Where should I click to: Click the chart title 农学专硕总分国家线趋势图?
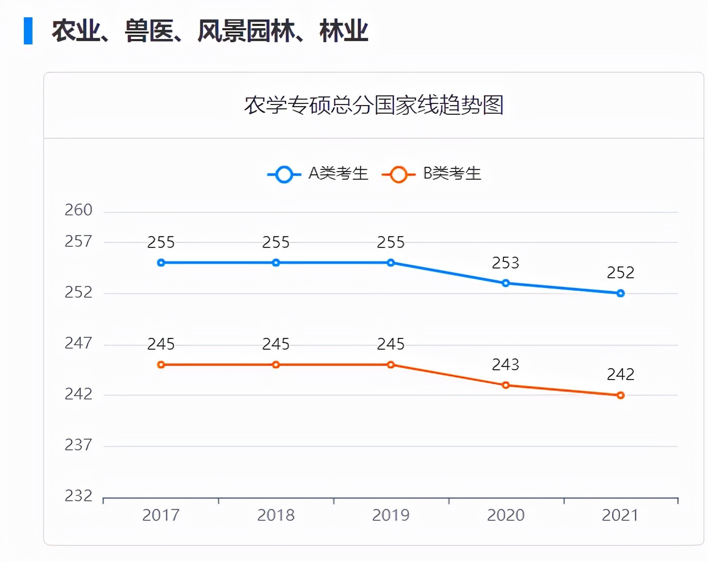pos(373,105)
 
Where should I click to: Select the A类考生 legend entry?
pos(318,174)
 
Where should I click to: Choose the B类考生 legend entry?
pos(432,174)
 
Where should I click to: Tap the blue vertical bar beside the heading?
pos(28,31)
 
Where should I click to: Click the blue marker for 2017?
pos(161,263)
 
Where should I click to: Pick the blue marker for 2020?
pos(506,283)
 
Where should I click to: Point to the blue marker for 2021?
pos(620,293)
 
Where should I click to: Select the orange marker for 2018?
pos(276,365)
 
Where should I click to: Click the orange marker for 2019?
pos(391,365)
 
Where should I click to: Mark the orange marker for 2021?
pos(620,395)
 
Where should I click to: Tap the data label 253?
pos(506,263)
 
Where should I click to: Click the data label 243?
pos(506,365)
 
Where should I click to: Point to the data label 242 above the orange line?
pos(620,375)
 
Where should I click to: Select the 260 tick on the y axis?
pos(78,210)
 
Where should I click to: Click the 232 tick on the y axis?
pos(78,495)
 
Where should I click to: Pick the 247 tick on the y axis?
pos(78,343)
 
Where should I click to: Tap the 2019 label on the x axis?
pos(391,515)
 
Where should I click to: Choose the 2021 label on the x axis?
pos(620,515)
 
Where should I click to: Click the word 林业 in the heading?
pos(344,31)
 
